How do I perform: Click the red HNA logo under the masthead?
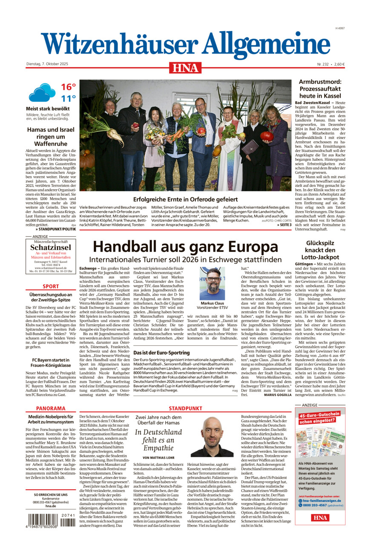tap(185, 68)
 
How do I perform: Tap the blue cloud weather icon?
tap(41, 92)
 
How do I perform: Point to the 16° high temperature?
tap(68, 87)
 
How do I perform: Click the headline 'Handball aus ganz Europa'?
tap(185, 247)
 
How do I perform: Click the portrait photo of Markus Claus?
tap(212, 283)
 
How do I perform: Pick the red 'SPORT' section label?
tap(51, 287)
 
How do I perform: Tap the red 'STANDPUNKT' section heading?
tap(185, 408)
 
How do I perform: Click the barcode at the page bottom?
tap(51, 520)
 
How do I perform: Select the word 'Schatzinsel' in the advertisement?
tap(51, 248)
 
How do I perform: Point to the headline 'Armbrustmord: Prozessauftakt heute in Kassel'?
tap(320, 89)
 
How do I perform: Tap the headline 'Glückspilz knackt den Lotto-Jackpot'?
tap(320, 250)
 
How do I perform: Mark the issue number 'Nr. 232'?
tap(323, 64)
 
